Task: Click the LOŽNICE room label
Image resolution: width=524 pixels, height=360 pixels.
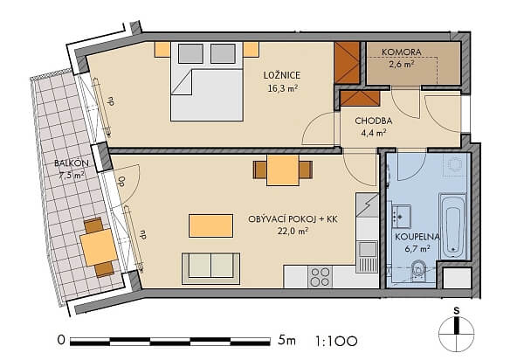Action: click(282, 75)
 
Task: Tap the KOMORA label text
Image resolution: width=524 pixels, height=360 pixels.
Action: click(402, 52)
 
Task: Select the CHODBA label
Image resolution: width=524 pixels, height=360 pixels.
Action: click(374, 121)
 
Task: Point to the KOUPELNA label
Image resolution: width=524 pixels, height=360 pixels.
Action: click(417, 237)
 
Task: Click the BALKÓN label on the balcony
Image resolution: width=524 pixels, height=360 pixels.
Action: click(72, 163)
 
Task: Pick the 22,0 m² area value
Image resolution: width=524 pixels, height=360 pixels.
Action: click(293, 231)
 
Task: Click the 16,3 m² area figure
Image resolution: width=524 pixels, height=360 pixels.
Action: click(283, 88)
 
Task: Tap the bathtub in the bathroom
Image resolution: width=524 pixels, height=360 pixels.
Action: click(452, 227)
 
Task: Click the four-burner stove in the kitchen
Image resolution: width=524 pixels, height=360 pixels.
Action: click(320, 277)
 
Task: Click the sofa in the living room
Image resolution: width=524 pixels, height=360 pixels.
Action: click(210, 268)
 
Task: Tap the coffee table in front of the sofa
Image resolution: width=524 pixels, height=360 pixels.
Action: click(210, 226)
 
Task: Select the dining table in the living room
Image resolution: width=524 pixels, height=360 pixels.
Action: click(283, 170)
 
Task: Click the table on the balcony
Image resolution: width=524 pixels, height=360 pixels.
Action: click(99, 247)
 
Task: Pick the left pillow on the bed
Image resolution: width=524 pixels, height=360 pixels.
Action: click(190, 53)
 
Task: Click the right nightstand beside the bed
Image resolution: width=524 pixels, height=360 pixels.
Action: click(252, 50)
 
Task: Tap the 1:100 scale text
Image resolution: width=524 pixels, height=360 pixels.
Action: click(336, 342)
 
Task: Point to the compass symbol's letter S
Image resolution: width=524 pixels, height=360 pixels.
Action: click(457, 311)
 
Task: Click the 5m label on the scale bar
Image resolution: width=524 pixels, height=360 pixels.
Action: click(286, 341)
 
